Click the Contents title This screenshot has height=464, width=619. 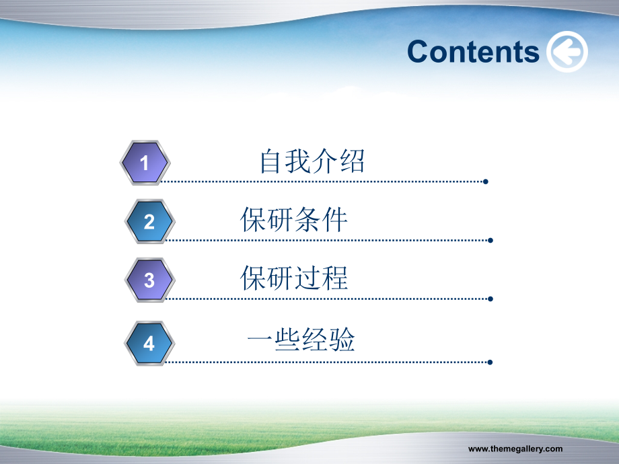(473, 52)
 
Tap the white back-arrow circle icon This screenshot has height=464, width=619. (567, 52)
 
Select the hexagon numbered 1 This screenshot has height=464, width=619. (145, 163)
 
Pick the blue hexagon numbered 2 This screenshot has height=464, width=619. (149, 221)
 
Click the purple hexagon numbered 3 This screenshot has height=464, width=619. (149, 280)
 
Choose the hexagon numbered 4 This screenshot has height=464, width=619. (149, 343)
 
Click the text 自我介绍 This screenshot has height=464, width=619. (312, 161)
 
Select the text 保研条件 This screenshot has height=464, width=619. (294, 219)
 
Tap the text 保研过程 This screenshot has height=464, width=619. (294, 278)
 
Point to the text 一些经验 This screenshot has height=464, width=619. (301, 339)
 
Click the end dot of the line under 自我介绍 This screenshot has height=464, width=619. (486, 182)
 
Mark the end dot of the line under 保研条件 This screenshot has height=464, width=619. (490, 240)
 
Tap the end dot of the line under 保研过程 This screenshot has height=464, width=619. (490, 299)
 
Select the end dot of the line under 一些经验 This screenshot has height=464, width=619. (490, 362)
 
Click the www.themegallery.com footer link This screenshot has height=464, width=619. (515, 449)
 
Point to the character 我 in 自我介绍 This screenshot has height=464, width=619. (299, 161)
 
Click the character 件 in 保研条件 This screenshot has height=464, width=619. (335, 219)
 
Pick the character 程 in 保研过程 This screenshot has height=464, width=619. (335, 278)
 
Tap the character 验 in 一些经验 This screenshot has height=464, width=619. (342, 339)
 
